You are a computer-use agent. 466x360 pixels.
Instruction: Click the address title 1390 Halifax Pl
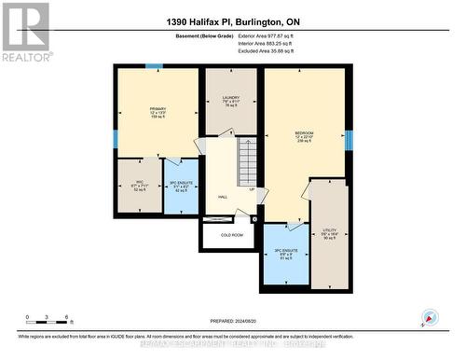[233, 21]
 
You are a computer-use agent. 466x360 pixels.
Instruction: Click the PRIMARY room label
[157, 112]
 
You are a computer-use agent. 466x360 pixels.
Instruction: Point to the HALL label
[223, 198]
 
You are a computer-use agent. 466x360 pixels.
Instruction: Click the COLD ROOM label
[231, 235]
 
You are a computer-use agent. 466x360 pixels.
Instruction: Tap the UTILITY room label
[329, 232]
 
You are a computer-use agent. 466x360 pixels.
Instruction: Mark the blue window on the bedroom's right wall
[349, 141]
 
